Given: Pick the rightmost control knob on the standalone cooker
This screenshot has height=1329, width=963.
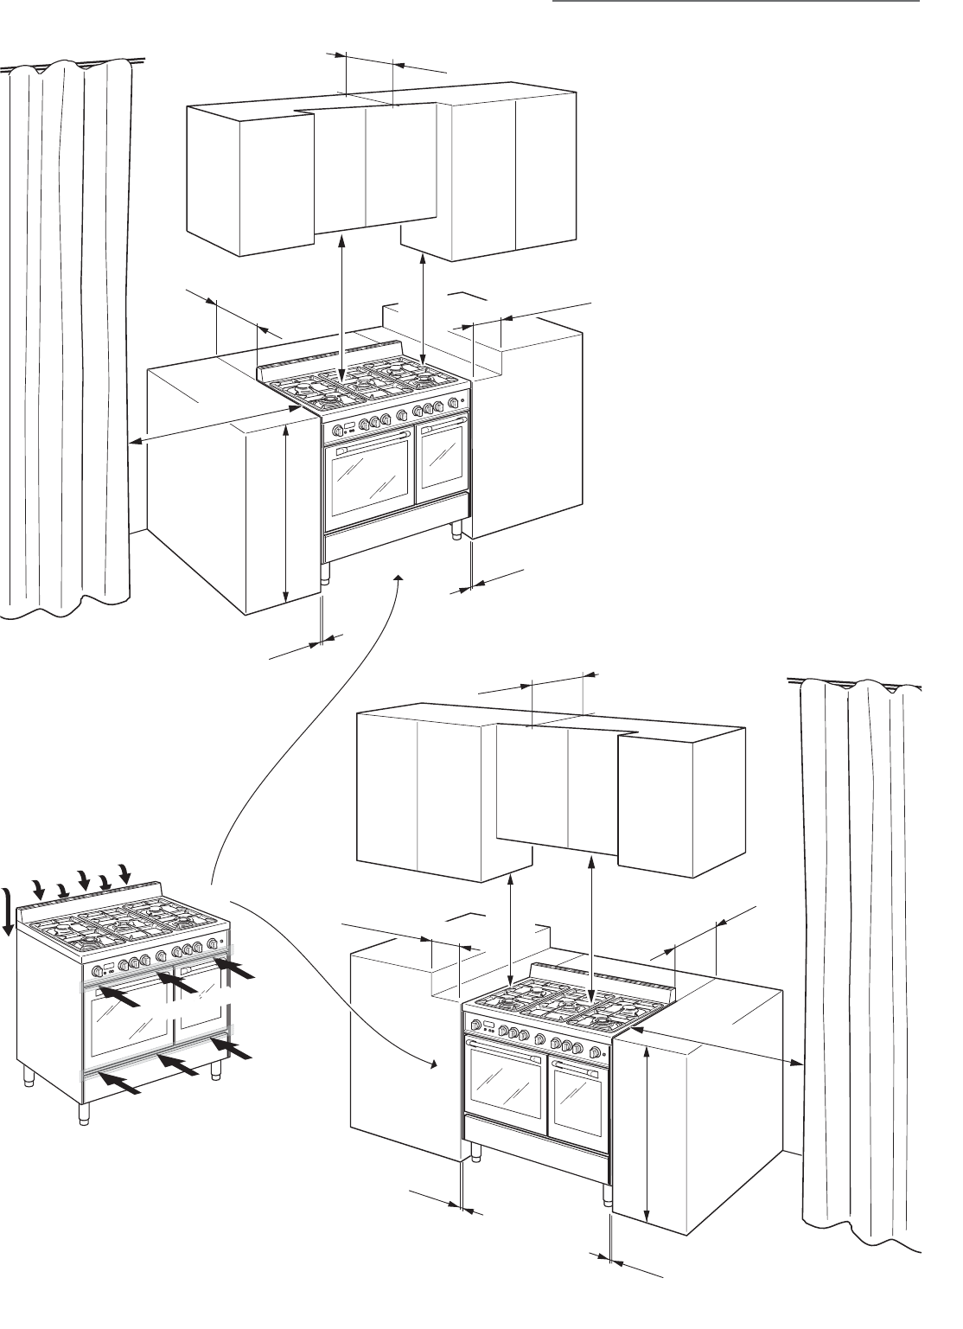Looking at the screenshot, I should pos(212,944).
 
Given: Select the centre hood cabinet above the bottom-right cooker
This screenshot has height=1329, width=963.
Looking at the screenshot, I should pos(558,787).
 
